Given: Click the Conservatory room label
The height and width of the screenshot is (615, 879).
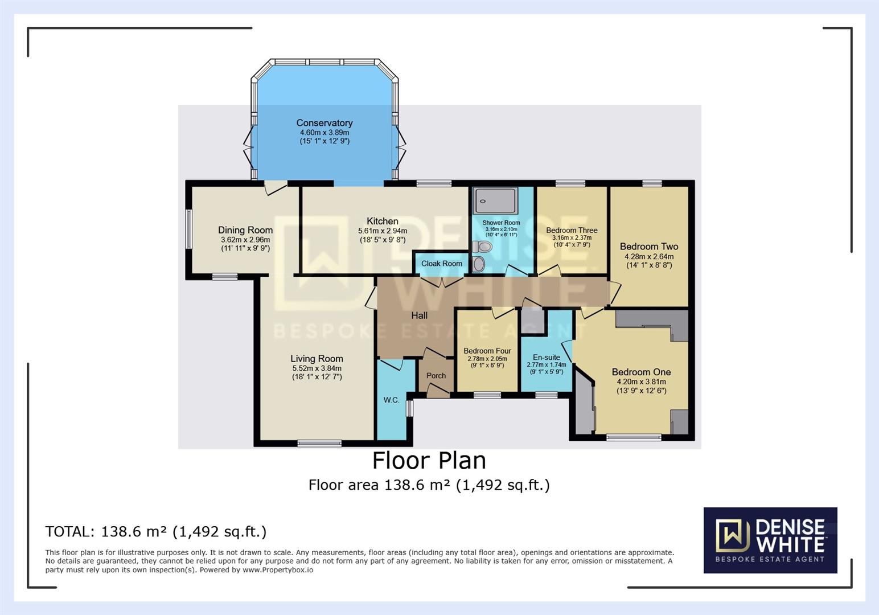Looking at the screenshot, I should [x=325, y=123].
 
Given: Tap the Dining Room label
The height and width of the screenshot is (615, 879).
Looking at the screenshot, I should [x=245, y=230].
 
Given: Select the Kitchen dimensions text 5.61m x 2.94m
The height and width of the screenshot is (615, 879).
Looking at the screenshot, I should [x=383, y=231].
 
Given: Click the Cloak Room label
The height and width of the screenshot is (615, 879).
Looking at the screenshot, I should [x=442, y=264].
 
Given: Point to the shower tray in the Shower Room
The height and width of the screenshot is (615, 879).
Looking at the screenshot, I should [x=495, y=201].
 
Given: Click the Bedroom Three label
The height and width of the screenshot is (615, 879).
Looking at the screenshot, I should [x=572, y=231].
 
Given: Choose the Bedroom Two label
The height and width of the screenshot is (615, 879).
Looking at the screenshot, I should [x=649, y=247].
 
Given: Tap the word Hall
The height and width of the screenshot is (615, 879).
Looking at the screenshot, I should [x=420, y=315].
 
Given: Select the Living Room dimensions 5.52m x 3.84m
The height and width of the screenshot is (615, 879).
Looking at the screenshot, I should [x=317, y=368].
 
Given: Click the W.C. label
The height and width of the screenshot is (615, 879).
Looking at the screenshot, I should [x=391, y=400].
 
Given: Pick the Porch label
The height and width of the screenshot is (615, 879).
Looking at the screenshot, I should [x=436, y=376].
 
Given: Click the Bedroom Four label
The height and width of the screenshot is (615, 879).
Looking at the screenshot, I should [x=487, y=351].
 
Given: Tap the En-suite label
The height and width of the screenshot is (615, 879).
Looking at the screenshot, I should [x=547, y=358].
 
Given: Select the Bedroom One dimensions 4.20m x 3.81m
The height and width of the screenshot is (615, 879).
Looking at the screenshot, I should [x=642, y=382].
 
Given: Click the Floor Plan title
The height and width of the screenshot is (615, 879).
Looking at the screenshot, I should [x=429, y=461].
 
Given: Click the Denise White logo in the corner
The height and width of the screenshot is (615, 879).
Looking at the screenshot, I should [x=770, y=540].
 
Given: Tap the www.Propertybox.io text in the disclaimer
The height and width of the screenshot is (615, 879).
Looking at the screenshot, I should [x=278, y=570].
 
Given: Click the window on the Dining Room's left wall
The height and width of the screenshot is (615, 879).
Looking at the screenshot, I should [x=188, y=229].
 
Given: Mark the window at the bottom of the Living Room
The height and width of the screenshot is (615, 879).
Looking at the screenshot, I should [x=319, y=443].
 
